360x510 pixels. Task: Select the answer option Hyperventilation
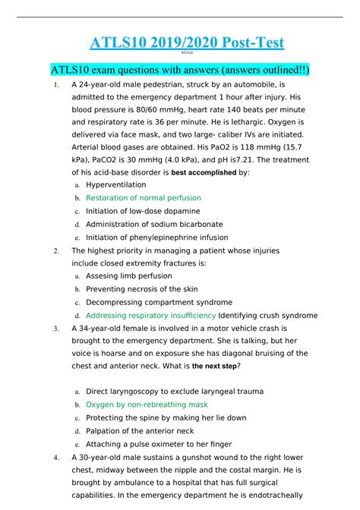click(116, 184)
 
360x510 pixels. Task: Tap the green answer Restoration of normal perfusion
click(144, 197)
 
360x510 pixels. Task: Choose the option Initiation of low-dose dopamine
click(143, 211)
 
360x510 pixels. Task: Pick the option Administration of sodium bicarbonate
click(154, 224)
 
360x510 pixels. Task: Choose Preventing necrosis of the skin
click(142, 289)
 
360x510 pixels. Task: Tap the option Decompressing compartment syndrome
click(159, 302)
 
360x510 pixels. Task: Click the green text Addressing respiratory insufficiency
click(150, 315)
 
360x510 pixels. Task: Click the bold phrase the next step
click(216, 366)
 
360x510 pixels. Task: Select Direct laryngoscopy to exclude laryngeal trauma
click(175, 392)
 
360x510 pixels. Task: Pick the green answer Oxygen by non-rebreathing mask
click(147, 405)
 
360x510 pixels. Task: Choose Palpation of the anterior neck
click(140, 431)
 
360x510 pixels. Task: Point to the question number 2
click(57, 250)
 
